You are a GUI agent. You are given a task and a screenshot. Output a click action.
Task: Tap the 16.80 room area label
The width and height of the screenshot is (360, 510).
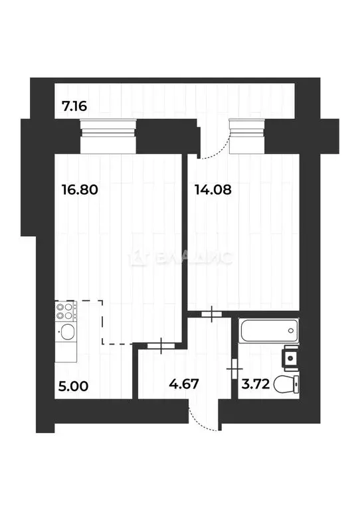80,190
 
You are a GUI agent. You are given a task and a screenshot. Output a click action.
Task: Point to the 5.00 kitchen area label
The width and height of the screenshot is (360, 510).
73,384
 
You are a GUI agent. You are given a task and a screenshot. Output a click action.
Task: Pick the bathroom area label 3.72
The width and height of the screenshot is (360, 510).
256,383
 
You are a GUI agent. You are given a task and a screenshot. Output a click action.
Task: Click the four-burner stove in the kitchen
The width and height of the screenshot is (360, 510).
66,311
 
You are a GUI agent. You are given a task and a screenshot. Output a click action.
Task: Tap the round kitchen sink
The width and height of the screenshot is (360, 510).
66,332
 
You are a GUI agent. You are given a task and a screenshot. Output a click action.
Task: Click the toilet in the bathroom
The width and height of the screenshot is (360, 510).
290,383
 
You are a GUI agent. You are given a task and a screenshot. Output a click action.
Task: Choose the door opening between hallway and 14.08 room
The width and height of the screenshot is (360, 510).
211,314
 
